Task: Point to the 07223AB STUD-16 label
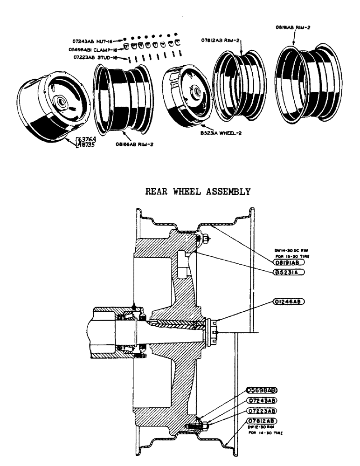96,57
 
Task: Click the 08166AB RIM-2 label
135,144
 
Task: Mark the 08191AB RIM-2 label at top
293,27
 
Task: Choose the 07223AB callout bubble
262,411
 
